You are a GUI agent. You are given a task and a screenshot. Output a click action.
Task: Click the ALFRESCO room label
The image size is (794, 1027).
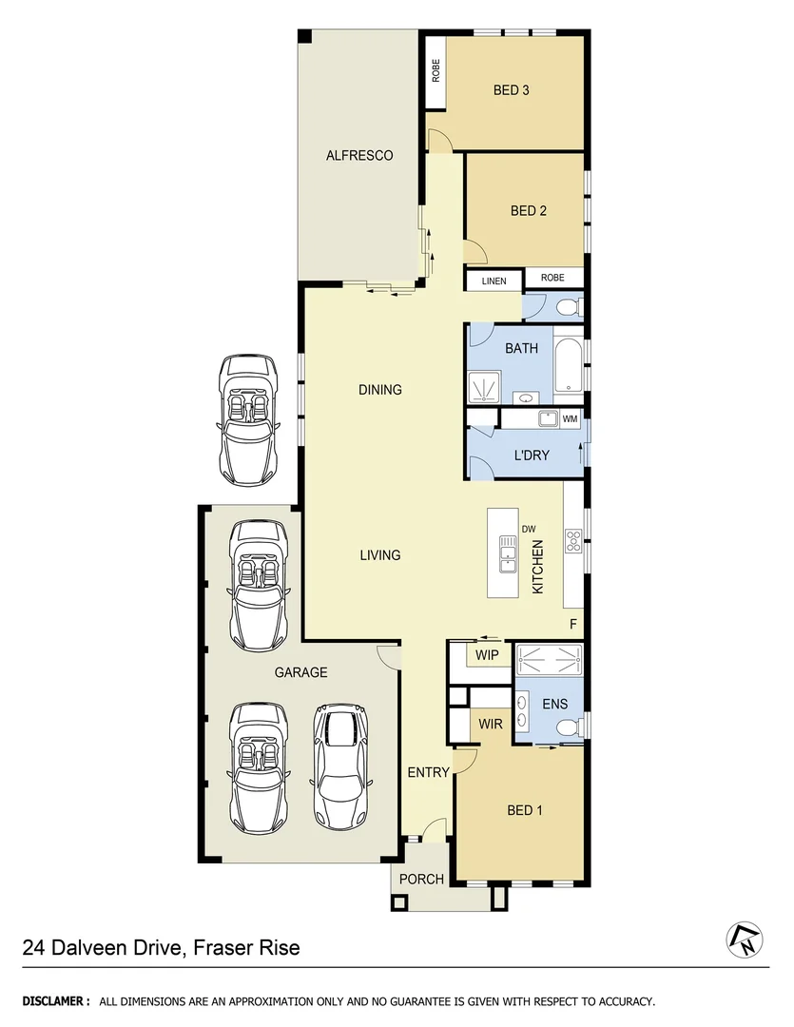point(359,155)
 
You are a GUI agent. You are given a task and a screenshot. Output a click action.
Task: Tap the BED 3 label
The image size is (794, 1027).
point(511,91)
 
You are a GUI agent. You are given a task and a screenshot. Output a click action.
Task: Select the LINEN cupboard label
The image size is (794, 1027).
point(494,281)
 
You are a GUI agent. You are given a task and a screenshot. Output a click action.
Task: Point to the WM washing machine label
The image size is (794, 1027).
point(570,418)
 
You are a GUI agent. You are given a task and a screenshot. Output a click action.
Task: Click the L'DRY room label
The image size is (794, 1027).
point(532,455)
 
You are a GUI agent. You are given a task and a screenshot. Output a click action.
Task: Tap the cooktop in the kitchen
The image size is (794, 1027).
point(573,540)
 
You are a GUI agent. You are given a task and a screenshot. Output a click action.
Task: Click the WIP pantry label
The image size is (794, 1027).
point(487,655)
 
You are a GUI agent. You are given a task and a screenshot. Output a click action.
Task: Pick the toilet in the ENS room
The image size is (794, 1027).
point(567,727)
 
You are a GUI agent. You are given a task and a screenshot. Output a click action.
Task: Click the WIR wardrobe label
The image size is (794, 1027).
point(491,725)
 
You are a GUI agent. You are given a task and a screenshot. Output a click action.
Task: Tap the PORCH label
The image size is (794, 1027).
point(421,879)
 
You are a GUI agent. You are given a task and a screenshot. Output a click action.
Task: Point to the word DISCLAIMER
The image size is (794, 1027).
point(56,1001)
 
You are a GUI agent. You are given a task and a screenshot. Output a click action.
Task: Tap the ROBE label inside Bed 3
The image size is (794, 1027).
point(436,70)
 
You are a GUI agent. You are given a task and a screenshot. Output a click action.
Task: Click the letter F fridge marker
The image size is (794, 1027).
point(573,624)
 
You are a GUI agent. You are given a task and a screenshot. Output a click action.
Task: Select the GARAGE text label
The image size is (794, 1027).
point(300,672)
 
